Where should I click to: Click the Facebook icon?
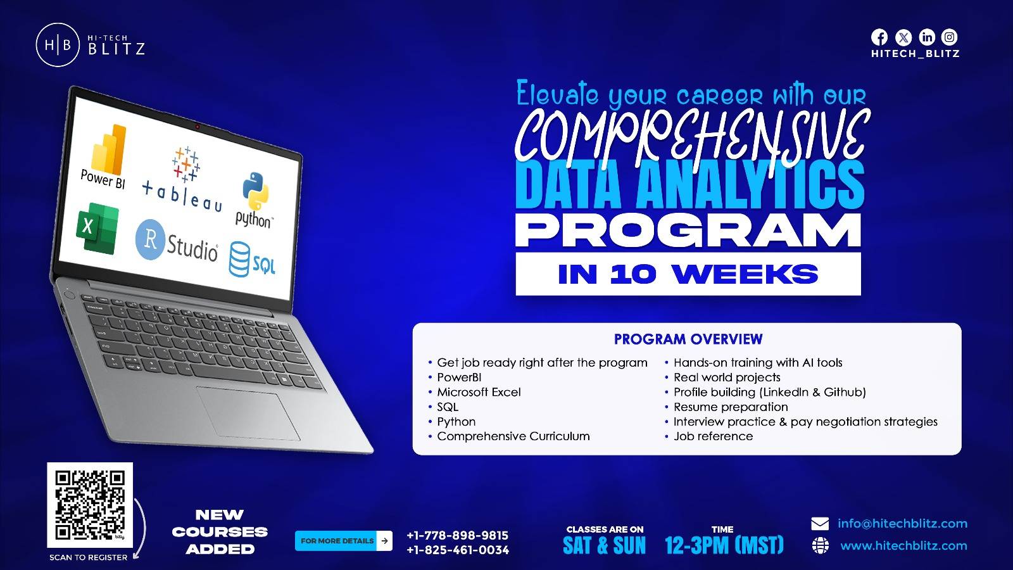pos(879,37)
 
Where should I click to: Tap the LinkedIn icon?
pos(927,37)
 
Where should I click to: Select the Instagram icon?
pos(949,37)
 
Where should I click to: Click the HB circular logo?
pos(58,45)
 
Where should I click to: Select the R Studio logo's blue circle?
pos(149,239)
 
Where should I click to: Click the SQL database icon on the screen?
pos(239,259)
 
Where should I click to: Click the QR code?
pos(90,505)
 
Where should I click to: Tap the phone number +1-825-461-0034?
pos(458,550)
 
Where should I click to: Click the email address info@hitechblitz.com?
pos(902,523)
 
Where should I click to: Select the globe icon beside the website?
pos(820,545)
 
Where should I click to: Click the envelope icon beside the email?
pos(820,524)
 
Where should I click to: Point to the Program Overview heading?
pos(688,339)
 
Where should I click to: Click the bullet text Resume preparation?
pos(731,407)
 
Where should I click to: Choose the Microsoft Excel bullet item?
pos(479,392)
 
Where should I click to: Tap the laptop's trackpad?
pos(248,413)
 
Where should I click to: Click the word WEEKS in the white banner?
pos(745,275)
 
